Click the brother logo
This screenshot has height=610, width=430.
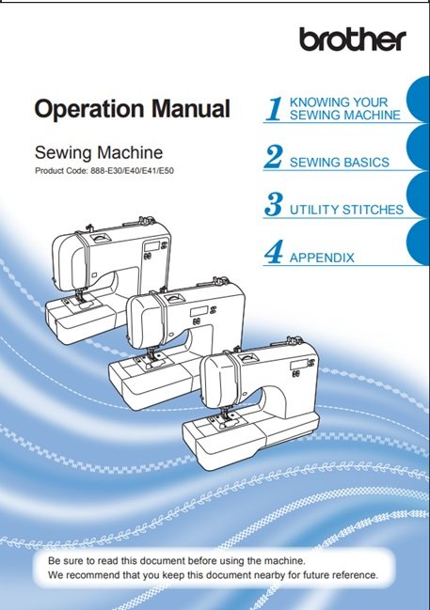(353, 39)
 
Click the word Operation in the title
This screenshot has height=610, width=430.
(89, 109)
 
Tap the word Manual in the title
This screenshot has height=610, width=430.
(190, 108)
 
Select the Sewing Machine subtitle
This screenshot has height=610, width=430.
(99, 152)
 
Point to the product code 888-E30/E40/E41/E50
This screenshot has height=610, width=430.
(132, 170)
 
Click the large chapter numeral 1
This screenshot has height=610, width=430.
(275, 108)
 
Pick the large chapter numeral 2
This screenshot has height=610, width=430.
(274, 156)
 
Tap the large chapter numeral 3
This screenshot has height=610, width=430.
(274, 204)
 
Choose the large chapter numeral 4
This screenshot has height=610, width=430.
(274, 252)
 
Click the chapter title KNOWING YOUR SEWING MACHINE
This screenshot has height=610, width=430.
(344, 108)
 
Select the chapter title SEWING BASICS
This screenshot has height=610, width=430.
(340, 163)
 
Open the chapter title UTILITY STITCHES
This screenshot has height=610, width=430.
(346, 210)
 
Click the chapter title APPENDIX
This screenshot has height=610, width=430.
(322, 258)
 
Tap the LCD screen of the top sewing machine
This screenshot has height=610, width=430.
(151, 246)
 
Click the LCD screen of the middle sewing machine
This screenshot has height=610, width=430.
(199, 312)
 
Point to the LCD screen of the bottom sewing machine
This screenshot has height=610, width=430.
(298, 365)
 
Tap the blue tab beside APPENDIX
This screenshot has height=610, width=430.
(419, 242)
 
